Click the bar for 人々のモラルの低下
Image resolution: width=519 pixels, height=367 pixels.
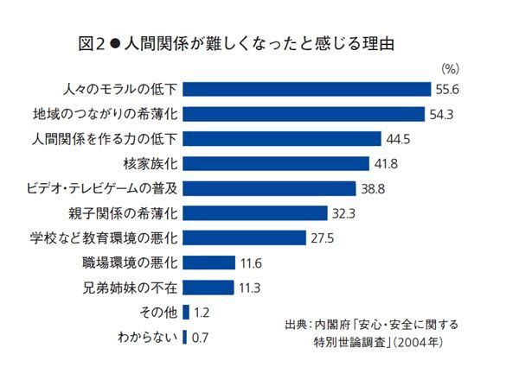pyautogui.click(x=307, y=89)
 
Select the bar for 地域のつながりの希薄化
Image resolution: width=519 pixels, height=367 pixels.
pyautogui.click(x=304, y=114)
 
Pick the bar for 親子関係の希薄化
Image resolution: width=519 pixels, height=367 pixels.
pyautogui.click(x=254, y=212)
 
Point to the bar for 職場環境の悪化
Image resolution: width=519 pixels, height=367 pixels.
pyautogui.click(x=208, y=263)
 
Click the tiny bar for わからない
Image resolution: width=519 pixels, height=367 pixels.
pyautogui.click(x=184, y=337)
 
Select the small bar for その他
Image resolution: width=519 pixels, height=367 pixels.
pyautogui.click(x=185, y=312)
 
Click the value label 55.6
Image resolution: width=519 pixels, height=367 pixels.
pyautogui.click(x=447, y=89)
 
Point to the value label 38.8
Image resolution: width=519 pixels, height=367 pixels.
pyautogui.click(x=374, y=188)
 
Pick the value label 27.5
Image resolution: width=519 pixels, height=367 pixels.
pyautogui.click(x=324, y=237)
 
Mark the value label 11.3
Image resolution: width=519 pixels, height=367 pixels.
pyautogui.click(x=251, y=288)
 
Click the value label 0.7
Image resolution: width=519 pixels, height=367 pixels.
pyautogui.click(x=201, y=337)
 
